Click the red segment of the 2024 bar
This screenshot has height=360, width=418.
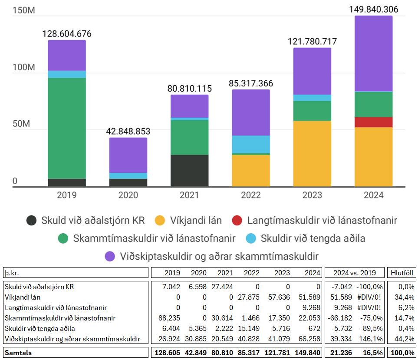pyautogui.click(x=374, y=122)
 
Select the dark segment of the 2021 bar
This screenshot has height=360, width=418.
pyautogui.click(x=189, y=171)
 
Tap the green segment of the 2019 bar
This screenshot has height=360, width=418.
pyautogui.click(x=67, y=128)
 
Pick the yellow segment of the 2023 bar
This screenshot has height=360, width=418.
pyautogui.click(x=312, y=154)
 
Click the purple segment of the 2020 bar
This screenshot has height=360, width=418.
pyautogui.click(x=128, y=155)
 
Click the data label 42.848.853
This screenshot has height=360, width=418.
pyautogui.click(x=128, y=131)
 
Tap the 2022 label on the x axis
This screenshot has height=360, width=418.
pyautogui.click(x=251, y=195)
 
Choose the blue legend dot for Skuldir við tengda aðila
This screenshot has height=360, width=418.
pyautogui.click(x=250, y=238)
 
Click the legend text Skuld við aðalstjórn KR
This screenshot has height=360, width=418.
pyautogui.click(x=92, y=220)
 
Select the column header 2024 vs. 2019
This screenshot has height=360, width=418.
pyautogui.click(x=355, y=273)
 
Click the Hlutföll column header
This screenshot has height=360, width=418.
pyautogui.click(x=402, y=273)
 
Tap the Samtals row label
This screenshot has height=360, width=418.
pyautogui.click(x=19, y=353)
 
